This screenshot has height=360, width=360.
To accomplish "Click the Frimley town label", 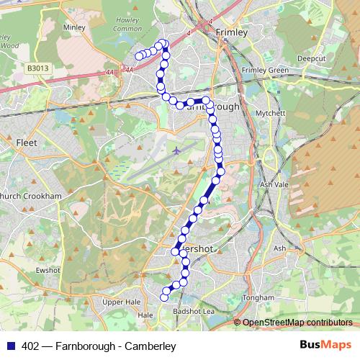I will tap(231, 32).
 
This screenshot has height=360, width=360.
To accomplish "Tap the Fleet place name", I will tap(26, 143).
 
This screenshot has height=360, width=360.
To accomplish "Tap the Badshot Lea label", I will tap(194, 311).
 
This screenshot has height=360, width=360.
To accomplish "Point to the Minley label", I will tap(74, 27).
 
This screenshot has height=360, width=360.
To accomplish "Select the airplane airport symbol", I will tap(177, 150).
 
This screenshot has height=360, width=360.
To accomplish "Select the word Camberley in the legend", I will tap(153, 346).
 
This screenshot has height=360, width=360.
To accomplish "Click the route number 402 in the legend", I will tap(30, 346).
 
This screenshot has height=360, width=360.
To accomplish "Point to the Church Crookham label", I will tap(30, 195).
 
